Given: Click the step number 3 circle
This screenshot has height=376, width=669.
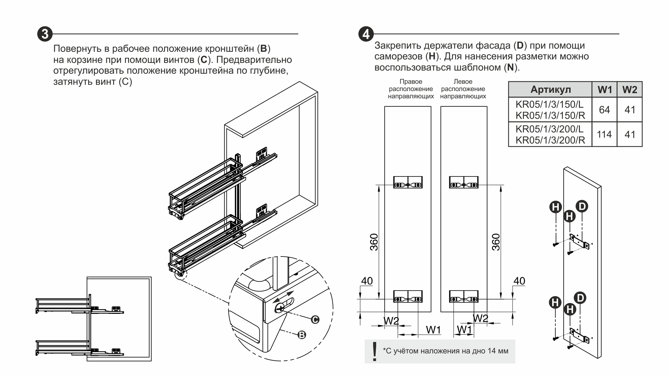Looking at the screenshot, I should point(45,34).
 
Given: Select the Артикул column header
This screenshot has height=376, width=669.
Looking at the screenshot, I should point(550,90).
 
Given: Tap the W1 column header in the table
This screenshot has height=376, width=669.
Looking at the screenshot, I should point(604,90).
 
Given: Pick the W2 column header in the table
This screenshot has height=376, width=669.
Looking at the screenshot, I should point(630,90).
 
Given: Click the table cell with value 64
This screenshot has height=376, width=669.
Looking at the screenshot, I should point(604,110).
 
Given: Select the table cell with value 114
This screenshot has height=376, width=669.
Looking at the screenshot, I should point(604,134).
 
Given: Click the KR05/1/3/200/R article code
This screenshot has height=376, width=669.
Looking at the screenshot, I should point(550,140).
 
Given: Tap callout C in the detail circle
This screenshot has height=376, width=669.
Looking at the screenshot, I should point(315,319).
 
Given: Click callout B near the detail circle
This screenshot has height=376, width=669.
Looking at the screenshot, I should point(302,335).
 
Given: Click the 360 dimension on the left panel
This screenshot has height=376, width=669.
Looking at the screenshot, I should point(374,242).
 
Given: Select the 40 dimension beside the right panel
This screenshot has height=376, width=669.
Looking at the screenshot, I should point(519,281).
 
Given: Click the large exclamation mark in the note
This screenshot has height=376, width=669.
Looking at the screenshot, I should point(374,351).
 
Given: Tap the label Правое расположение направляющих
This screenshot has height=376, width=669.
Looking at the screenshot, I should point(411,89).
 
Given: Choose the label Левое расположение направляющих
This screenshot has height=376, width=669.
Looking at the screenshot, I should point(463,89).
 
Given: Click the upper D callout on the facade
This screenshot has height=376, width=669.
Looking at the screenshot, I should point(582,206).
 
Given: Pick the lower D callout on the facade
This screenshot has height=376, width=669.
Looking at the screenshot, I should point(580,298).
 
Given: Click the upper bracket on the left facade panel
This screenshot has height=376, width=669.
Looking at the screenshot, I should point(408,182).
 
